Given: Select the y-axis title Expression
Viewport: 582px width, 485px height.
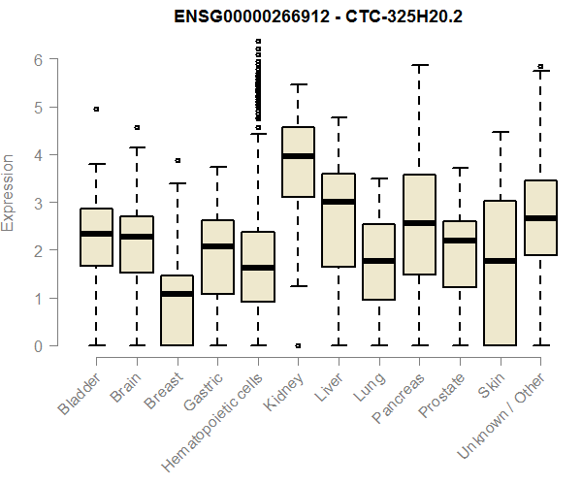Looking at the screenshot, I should pos(10,192).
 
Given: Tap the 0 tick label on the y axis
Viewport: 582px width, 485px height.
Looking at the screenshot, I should pos(39,345).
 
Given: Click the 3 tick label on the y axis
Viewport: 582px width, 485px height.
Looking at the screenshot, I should pos(39,202).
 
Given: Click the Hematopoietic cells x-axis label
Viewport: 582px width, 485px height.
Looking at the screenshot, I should pos(215,418).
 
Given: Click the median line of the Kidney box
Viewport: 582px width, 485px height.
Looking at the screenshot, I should pos(298,155).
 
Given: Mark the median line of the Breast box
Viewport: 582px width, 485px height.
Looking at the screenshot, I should pos(178,294).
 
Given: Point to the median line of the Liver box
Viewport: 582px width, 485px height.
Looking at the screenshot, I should pos(339,202).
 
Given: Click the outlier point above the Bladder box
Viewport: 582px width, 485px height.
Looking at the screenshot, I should pos(96,110).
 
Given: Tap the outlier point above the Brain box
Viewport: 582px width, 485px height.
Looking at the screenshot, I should pos(137,127).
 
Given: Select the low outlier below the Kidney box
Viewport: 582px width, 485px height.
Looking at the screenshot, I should pos(298,345).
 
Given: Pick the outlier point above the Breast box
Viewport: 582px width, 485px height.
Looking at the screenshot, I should pos(178,160).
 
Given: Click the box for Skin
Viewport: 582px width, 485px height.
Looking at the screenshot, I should pos(500,273).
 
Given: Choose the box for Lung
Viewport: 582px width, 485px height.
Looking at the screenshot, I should pos(378,262).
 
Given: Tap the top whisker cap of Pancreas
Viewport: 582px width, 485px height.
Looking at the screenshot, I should pos(419,66).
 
